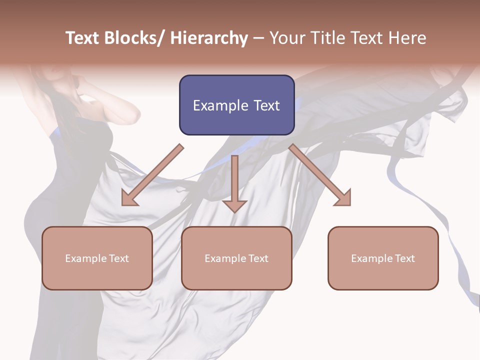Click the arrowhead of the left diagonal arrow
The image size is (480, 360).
[129, 199]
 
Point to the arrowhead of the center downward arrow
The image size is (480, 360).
[234, 206]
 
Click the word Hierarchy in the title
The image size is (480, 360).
[208, 38]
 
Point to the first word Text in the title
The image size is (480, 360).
[84, 38]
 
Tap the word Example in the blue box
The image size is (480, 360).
[220, 105]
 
